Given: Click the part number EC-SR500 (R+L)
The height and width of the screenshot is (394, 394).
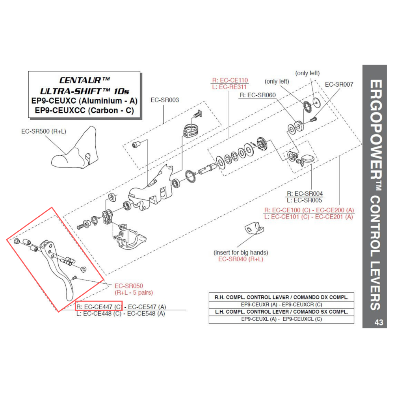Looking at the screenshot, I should click(x=44, y=131).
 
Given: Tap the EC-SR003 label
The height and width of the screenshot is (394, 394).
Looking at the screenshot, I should click(x=164, y=100).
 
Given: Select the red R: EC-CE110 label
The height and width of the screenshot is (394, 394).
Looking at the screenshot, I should click(x=230, y=80).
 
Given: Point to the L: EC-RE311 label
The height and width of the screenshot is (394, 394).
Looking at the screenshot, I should click(x=230, y=87).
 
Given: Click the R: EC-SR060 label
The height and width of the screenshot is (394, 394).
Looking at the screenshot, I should click(x=257, y=95).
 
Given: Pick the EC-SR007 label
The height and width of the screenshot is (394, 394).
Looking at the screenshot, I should click(x=339, y=84).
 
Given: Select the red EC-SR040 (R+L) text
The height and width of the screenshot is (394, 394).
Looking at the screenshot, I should click(x=240, y=259).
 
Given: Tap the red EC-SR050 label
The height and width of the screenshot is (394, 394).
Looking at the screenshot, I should click(x=128, y=286).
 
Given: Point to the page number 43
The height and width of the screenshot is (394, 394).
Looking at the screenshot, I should click(x=379, y=322).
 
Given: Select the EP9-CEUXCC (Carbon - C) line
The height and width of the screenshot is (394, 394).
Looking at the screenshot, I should click(x=84, y=110).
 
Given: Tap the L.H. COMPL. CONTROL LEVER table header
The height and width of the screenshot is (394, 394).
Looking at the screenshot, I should click(x=281, y=311).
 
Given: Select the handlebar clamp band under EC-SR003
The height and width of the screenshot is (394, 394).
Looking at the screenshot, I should click(x=191, y=130).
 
